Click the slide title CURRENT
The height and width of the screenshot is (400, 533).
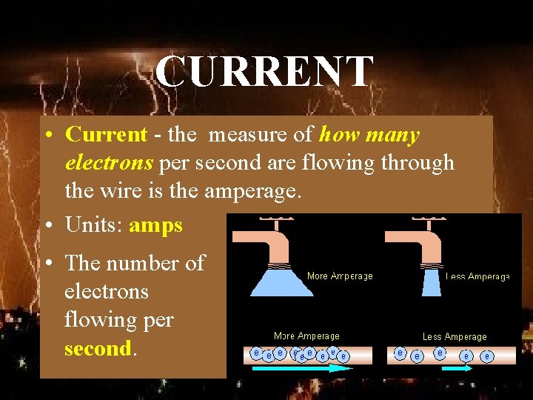click(264, 72)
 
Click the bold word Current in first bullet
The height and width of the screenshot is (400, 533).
click(107, 135)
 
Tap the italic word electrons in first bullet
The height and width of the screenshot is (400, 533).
click(109, 162)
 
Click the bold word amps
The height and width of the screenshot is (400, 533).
click(155, 225)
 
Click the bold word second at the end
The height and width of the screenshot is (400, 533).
click(98, 348)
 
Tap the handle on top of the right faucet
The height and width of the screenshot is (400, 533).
click(428, 220)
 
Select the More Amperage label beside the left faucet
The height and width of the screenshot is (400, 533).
click(340, 276)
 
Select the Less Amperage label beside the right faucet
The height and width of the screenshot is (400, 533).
click(477, 277)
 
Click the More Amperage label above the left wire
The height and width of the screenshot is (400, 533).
click(306, 336)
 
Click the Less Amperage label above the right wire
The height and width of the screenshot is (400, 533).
click(455, 337)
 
